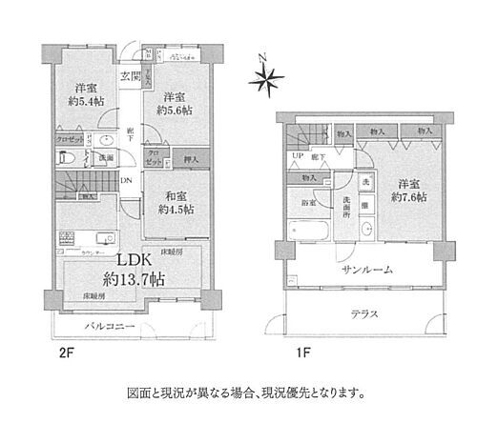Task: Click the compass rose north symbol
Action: coord(267,77)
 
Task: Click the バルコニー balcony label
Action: coord(107,328)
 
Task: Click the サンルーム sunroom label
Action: coord(355,270)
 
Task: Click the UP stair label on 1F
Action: coord(297,156)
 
